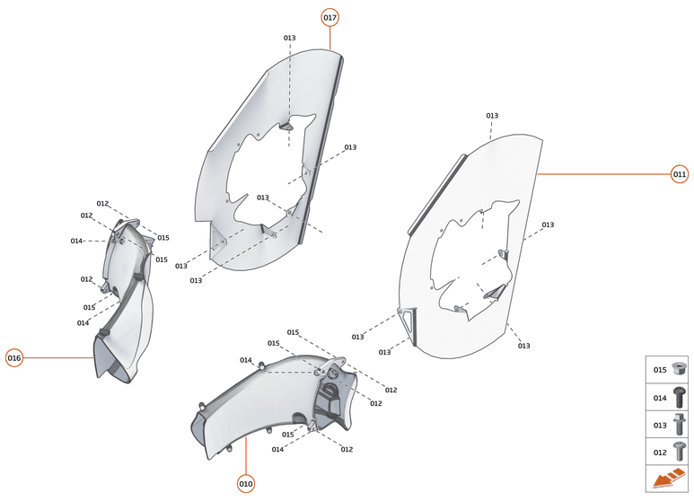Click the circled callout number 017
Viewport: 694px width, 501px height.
click(x=329, y=17)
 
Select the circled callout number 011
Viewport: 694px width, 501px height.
click(x=680, y=174)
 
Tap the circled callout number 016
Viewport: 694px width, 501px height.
click(x=14, y=357)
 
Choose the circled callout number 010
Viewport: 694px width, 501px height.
click(x=246, y=484)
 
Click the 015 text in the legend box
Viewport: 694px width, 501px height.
click(x=659, y=369)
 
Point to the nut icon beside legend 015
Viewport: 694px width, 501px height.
click(x=679, y=369)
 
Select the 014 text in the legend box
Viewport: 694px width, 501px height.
click(x=659, y=397)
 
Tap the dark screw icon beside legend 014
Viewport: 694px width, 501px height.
click(x=679, y=397)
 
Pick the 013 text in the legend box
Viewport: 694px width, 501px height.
click(x=659, y=425)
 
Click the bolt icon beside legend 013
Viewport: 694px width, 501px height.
click(x=679, y=425)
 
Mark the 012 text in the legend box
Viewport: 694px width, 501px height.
click(x=659, y=453)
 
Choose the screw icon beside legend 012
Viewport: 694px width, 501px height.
click(x=679, y=453)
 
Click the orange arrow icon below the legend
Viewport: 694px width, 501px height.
click(x=668, y=480)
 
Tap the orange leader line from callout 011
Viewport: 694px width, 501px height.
click(x=602, y=174)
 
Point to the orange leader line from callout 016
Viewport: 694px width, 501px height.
click(x=58, y=357)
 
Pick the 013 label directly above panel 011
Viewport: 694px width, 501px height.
click(x=492, y=116)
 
